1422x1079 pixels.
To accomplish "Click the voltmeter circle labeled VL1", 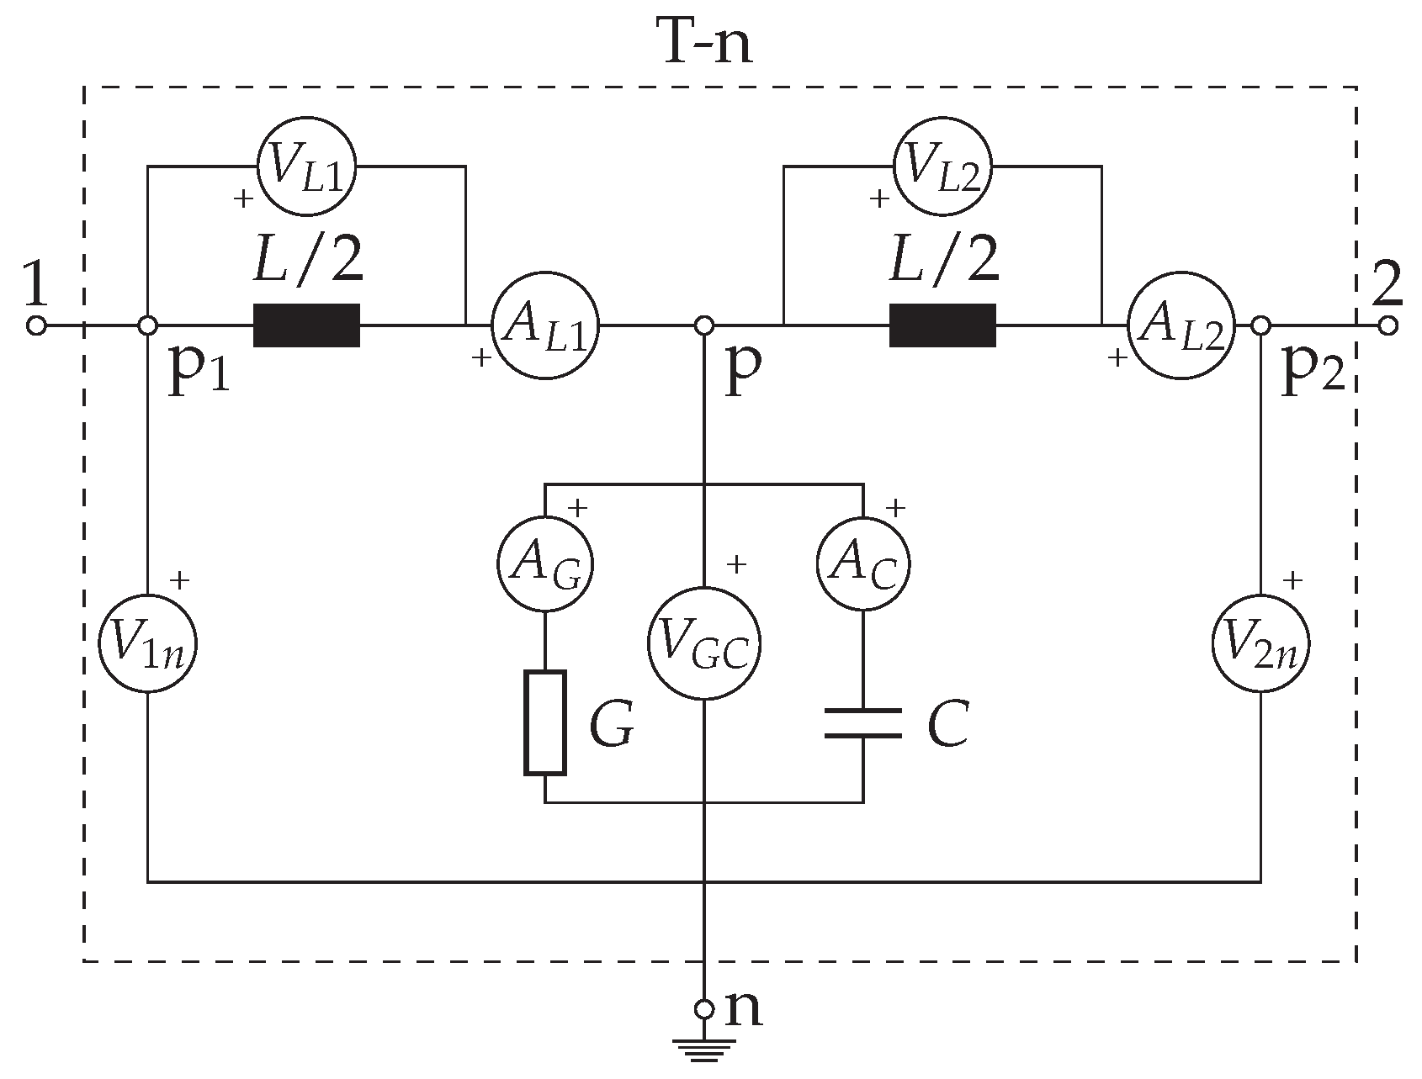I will pyautogui.click(x=305, y=168).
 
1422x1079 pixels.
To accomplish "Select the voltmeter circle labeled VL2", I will pyautogui.click(x=942, y=168).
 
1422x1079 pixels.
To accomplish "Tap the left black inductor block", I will pyautogui.click(x=307, y=325).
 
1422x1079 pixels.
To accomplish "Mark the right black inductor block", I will pyautogui.click(x=942, y=325).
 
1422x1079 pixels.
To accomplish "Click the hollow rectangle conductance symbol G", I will pyautogui.click(x=545, y=722).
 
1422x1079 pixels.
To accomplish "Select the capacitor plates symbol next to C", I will pyautogui.click(x=863, y=722).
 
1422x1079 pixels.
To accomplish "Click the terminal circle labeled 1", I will pyautogui.click(x=36, y=325).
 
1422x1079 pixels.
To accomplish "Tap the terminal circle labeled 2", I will pyautogui.click(x=1388, y=325).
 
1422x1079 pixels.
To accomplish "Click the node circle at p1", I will pyautogui.click(x=147, y=325).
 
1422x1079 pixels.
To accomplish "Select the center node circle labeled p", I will pyautogui.click(x=704, y=325).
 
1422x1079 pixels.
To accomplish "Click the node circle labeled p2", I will pyautogui.click(x=1260, y=325).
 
